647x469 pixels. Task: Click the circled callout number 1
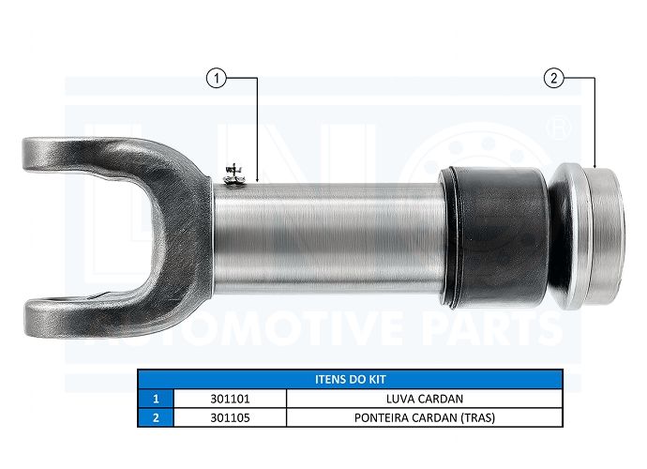[217, 78]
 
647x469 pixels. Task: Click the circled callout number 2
[554, 78]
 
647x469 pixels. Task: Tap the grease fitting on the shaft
[234, 174]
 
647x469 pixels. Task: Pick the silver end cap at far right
[590, 236]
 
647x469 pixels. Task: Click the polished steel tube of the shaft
[328, 238]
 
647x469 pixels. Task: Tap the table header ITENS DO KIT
[351, 379]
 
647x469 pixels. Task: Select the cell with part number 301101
[231, 399]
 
